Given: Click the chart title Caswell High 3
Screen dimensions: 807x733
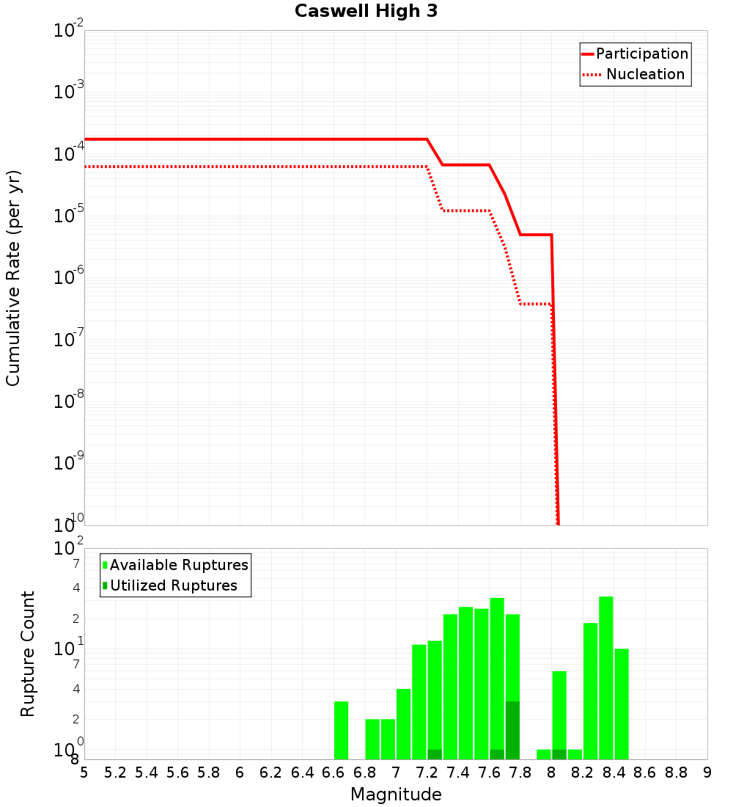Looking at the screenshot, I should point(366,12).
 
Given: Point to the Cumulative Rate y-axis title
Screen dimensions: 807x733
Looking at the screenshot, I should point(13,278).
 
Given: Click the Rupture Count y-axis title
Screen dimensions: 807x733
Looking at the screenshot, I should point(28,654).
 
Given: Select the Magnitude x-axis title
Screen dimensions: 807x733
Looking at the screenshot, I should point(396,795).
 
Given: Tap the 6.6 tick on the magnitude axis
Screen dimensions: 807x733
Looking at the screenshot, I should point(334,773).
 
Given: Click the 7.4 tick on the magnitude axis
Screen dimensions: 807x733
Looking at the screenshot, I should point(458,773).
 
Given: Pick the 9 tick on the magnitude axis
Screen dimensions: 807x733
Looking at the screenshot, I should point(707,773).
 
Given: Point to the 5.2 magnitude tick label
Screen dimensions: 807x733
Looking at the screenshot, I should point(115,773).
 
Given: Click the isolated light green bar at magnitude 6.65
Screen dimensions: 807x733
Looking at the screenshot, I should point(341,730).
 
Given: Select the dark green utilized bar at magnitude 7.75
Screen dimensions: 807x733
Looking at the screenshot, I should point(512,730).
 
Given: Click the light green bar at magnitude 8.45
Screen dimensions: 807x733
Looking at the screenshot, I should point(622,704).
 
